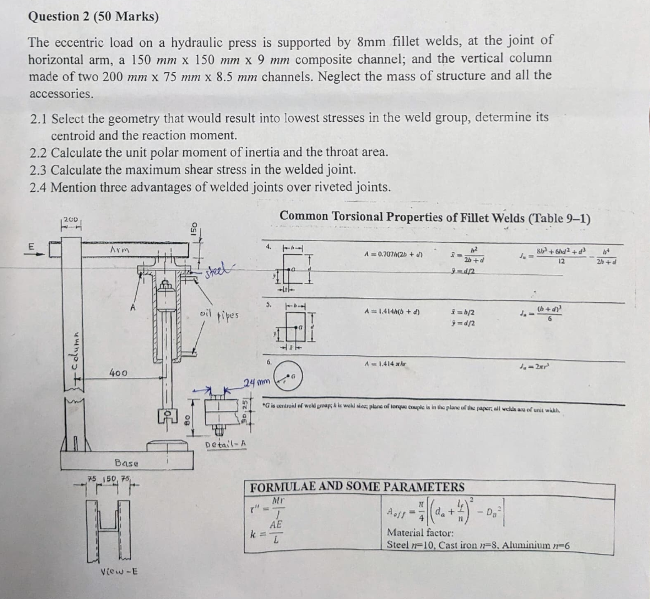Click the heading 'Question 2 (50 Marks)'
(x=93, y=17)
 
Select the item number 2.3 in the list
(x=40, y=169)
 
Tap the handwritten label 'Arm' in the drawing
(x=118, y=250)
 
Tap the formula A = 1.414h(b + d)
(x=391, y=310)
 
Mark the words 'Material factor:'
(x=417, y=533)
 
